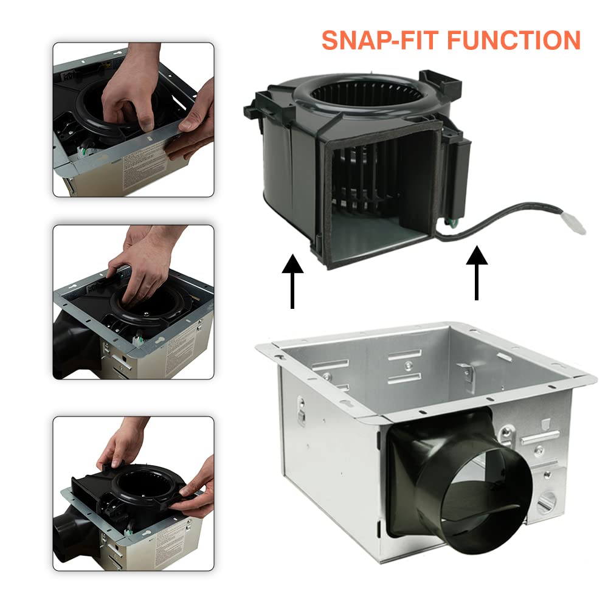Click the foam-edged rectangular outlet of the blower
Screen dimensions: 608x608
coord(377,195)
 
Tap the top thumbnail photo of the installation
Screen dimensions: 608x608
coord(133,119)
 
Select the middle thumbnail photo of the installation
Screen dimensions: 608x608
coord(133,302)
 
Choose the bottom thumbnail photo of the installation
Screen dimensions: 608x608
coord(133,493)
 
